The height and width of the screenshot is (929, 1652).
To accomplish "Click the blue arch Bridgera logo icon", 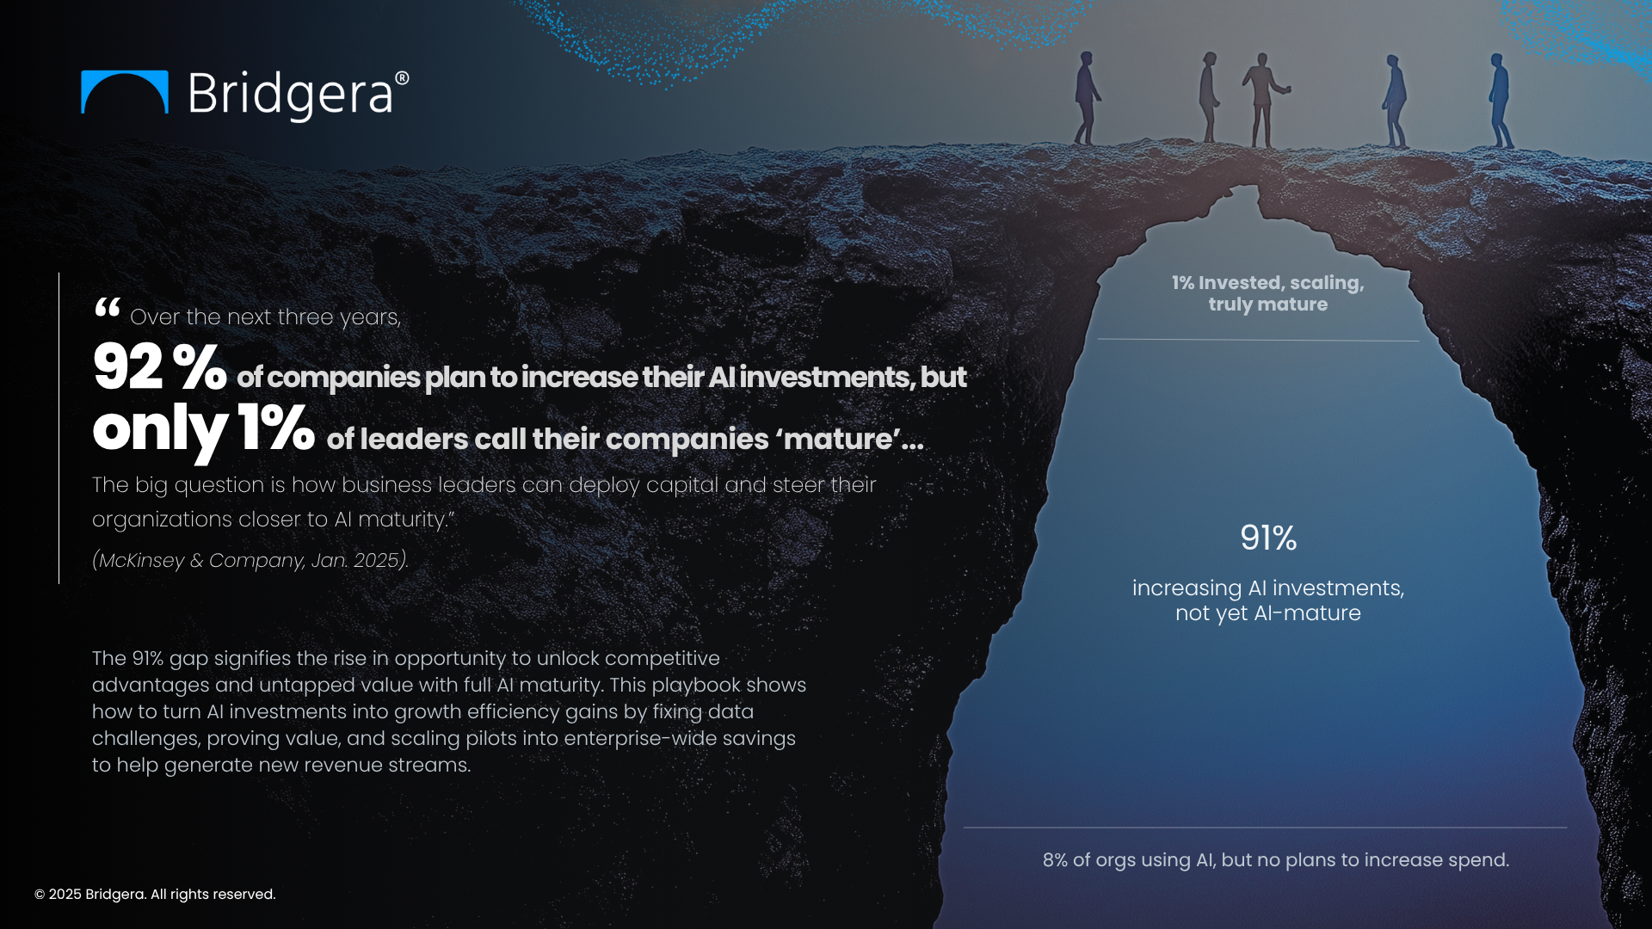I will [124, 91].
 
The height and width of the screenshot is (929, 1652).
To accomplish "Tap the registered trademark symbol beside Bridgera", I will [402, 78].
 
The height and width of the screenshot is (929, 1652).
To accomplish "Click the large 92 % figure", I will [159, 367].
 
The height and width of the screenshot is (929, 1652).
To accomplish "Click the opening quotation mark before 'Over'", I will [108, 308].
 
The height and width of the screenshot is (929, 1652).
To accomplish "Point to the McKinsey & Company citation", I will [250, 560].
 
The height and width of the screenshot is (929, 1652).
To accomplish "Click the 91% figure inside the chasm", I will [1267, 538].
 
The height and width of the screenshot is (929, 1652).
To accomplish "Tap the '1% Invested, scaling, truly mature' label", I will [1267, 293].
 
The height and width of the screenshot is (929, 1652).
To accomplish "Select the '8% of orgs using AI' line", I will [1275, 860].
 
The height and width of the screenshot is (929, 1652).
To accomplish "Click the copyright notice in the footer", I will [155, 895].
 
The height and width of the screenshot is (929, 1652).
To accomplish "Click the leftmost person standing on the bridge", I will [1087, 98].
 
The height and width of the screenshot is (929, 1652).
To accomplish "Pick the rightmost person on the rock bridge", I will [1500, 101].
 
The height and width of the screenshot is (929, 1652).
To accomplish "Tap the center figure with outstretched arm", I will [1263, 100].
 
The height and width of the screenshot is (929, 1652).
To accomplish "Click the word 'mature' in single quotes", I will [838, 440].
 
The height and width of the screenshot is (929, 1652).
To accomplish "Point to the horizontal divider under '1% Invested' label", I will [1258, 340].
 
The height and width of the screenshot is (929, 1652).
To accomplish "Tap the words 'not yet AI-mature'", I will [1267, 613].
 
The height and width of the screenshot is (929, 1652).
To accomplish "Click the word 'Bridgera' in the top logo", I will [290, 94].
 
